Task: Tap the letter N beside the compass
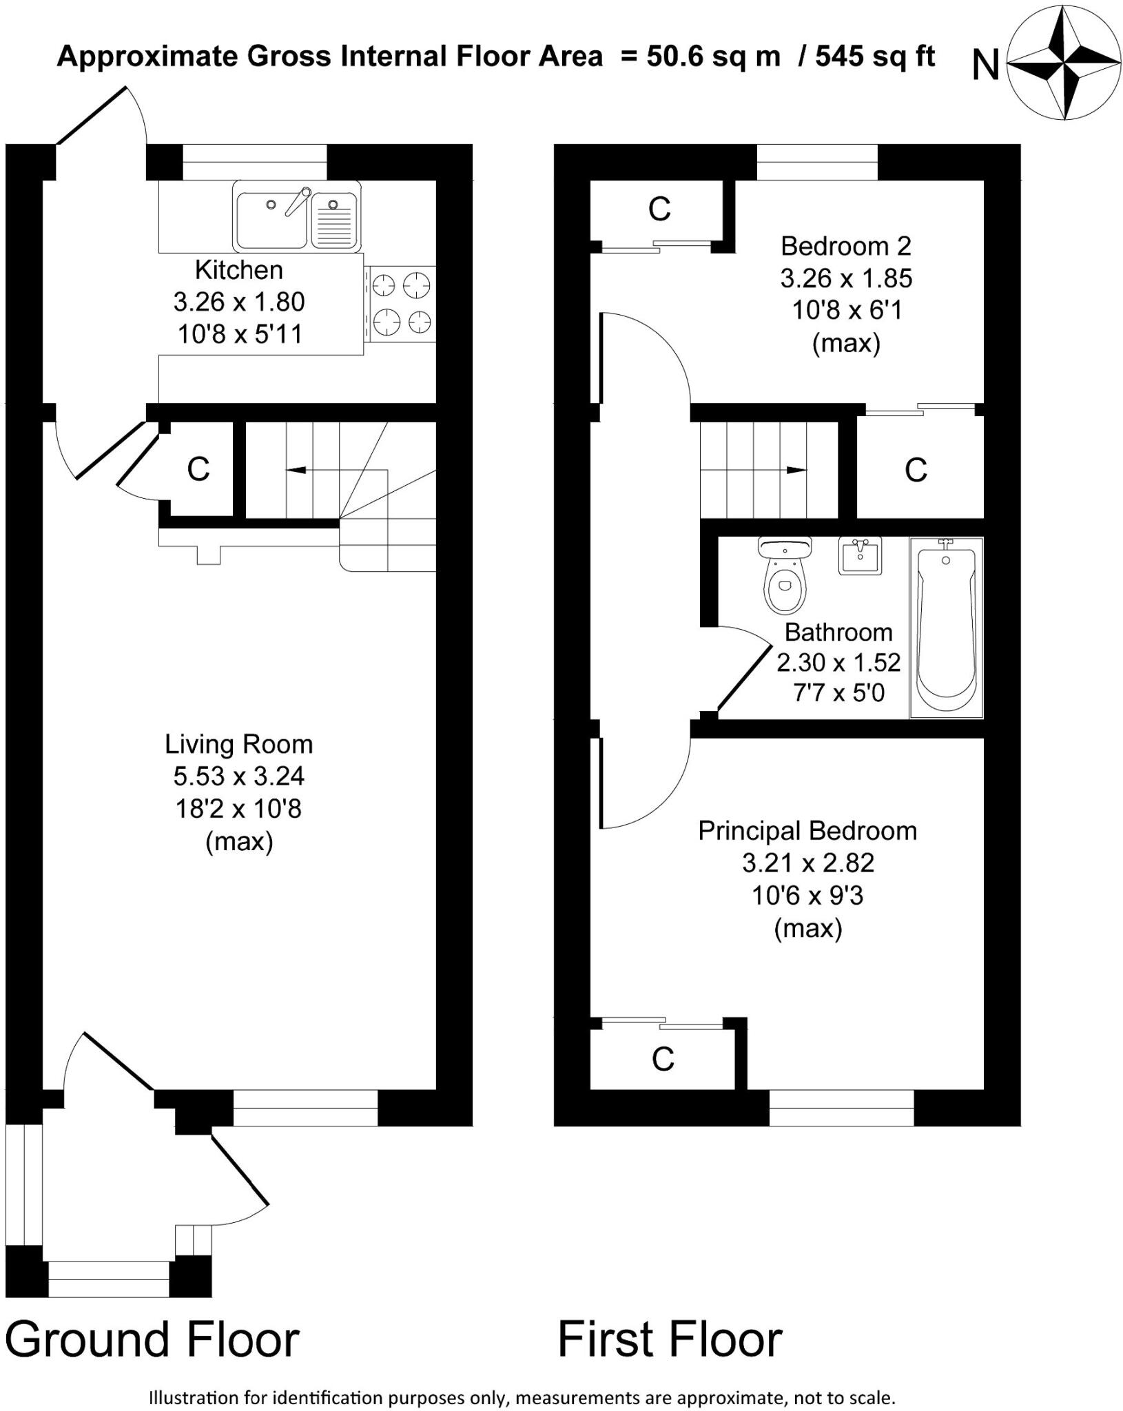(x=985, y=66)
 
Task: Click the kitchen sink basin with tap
(x=272, y=219)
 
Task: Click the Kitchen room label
(x=239, y=270)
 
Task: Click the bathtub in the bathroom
(x=946, y=627)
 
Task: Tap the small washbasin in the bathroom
(x=861, y=555)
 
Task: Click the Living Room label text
(x=239, y=744)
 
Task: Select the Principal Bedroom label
(x=807, y=830)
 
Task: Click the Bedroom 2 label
(x=846, y=246)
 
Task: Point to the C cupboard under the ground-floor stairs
(x=198, y=469)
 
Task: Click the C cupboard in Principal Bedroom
(x=663, y=1060)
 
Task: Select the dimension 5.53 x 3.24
(x=239, y=776)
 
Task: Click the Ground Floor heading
(x=152, y=1339)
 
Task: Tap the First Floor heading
(x=670, y=1339)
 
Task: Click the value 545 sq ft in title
(x=875, y=56)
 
